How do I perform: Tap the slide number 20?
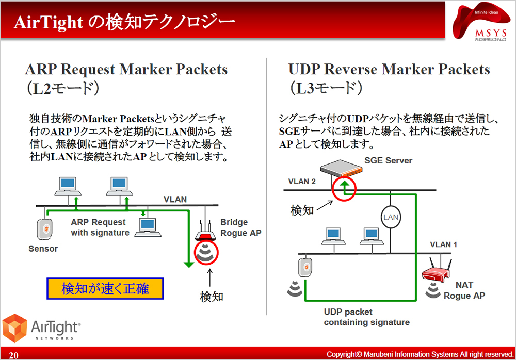pyautogui.click(x=13, y=355)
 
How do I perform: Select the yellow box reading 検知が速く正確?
pyautogui.click(x=105, y=289)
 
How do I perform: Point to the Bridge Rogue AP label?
pyautogui.click(x=240, y=227)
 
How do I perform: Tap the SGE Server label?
pyautogui.click(x=388, y=160)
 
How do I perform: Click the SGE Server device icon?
pyautogui.click(x=346, y=170)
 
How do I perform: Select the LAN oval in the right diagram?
pyautogui.click(x=391, y=217)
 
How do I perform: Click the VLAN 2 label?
pyautogui.click(x=302, y=181)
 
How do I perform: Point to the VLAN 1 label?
pyautogui.click(x=443, y=244)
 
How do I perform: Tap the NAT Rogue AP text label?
pyautogui.click(x=464, y=290)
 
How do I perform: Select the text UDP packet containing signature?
pyautogui.click(x=366, y=317)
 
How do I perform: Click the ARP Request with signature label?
pyautogui.click(x=100, y=227)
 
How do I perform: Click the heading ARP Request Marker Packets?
pyautogui.click(x=126, y=69)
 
